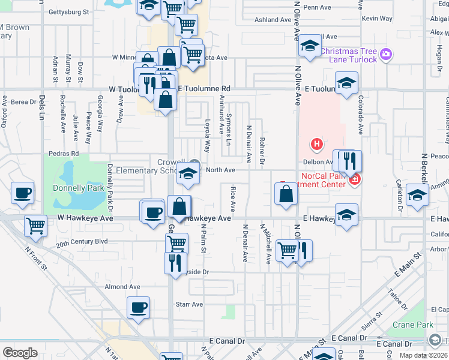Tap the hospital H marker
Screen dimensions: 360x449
[316, 144]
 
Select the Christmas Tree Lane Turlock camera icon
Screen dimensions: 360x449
[385, 55]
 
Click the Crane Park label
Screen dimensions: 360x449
[413, 325]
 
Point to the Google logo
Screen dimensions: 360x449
[20, 353]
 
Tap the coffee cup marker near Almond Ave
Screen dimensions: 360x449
[138, 308]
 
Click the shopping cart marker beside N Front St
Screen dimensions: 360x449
[35, 226]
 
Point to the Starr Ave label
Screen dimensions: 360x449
[189, 304]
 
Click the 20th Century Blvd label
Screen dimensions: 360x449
[82, 242]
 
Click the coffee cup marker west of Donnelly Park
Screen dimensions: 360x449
[23, 193]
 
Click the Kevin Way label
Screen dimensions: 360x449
[378, 19]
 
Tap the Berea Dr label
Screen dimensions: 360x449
[23, 102]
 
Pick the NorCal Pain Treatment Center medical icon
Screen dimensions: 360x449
[355, 179]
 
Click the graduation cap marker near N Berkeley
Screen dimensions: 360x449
[417, 196]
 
